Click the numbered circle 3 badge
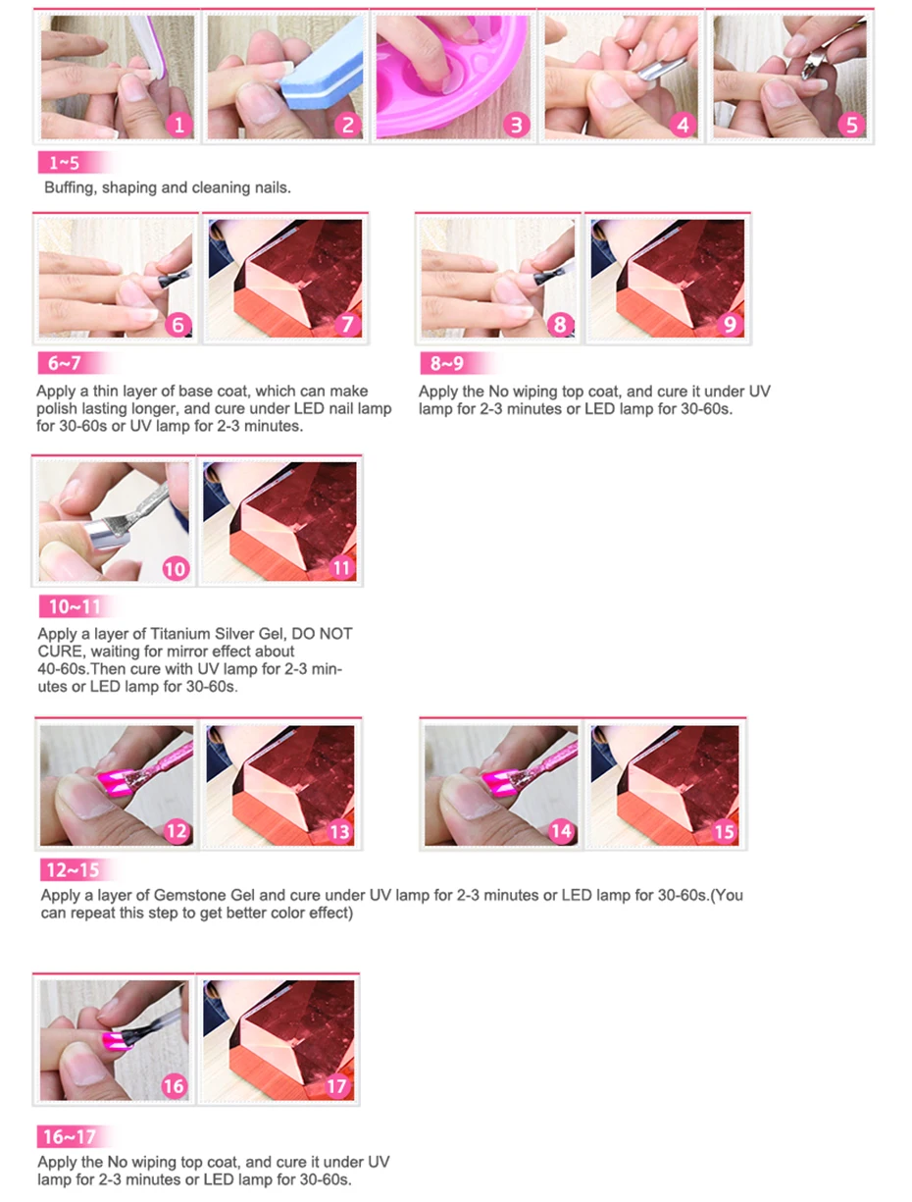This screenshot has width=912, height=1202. tap(516, 125)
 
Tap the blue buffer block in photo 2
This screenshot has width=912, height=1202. tap(323, 69)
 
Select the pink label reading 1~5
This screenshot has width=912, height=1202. tap(64, 163)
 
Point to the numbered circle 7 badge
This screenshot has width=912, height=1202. tap(347, 324)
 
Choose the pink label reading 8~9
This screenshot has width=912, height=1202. tap(446, 363)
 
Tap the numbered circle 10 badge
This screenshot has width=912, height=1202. tap(176, 568)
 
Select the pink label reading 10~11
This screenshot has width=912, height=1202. tap(75, 606)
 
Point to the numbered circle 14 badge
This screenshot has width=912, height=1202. tap(561, 831)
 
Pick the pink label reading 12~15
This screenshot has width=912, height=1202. tap(74, 869)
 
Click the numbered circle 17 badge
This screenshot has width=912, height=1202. tap(336, 1086)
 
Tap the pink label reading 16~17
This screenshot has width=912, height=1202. tap(70, 1136)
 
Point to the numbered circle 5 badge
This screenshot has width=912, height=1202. tap(851, 125)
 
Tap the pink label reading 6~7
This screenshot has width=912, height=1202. tap(64, 363)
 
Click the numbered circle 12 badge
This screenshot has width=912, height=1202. tap(177, 831)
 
